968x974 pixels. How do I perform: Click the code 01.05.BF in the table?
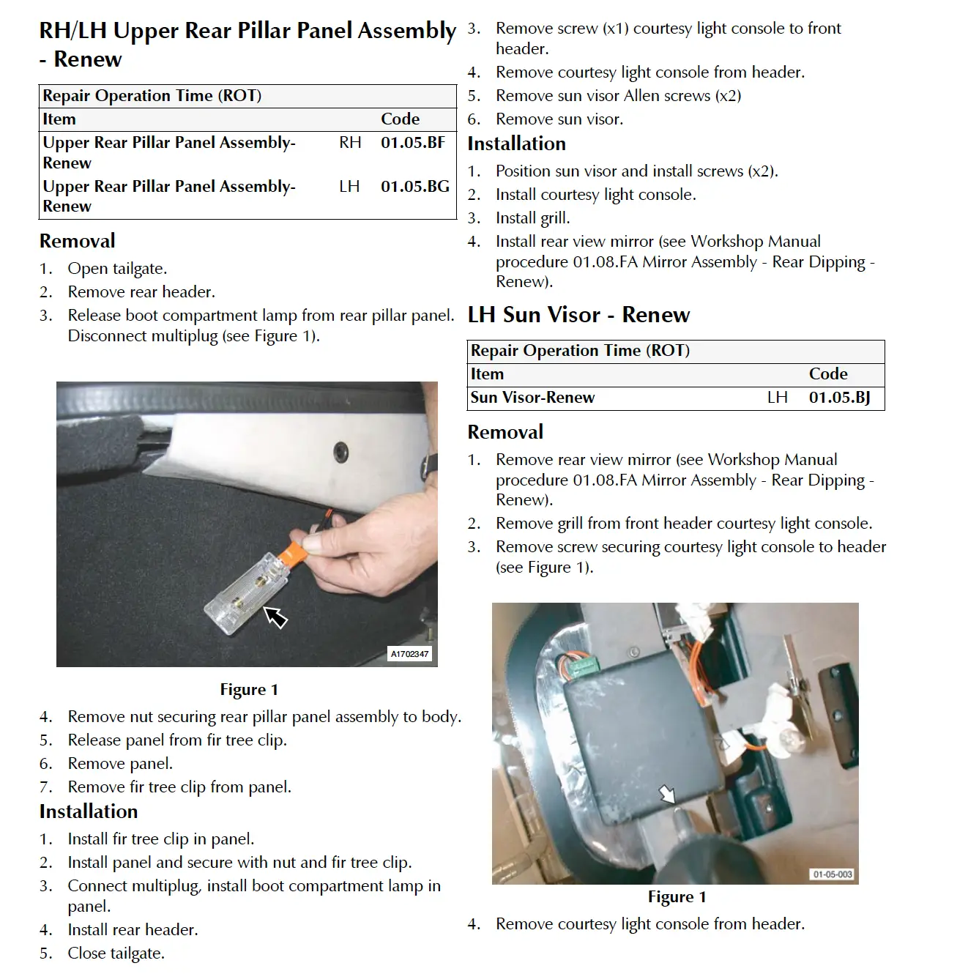click(x=412, y=143)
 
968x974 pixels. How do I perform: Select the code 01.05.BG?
click(x=414, y=187)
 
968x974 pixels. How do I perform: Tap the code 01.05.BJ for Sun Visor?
click(x=839, y=398)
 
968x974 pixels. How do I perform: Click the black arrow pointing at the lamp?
click(x=276, y=617)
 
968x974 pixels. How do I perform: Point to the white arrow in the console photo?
click(x=667, y=794)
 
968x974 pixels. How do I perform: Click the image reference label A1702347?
click(x=409, y=653)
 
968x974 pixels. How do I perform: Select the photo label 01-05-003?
click(x=833, y=874)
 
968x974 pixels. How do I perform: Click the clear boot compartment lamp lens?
click(x=247, y=593)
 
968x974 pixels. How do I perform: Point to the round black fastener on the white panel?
click(x=340, y=452)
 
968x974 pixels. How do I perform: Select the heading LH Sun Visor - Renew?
click(x=578, y=314)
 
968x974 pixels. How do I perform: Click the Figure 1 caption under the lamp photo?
click(x=249, y=689)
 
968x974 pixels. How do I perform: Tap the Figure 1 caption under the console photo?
click(x=677, y=896)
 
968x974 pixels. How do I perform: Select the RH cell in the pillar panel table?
click(x=350, y=143)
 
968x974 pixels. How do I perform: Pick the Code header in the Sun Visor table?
click(x=828, y=374)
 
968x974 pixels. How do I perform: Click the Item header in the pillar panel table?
click(x=59, y=119)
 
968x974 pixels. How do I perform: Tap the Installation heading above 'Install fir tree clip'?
click(x=89, y=811)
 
